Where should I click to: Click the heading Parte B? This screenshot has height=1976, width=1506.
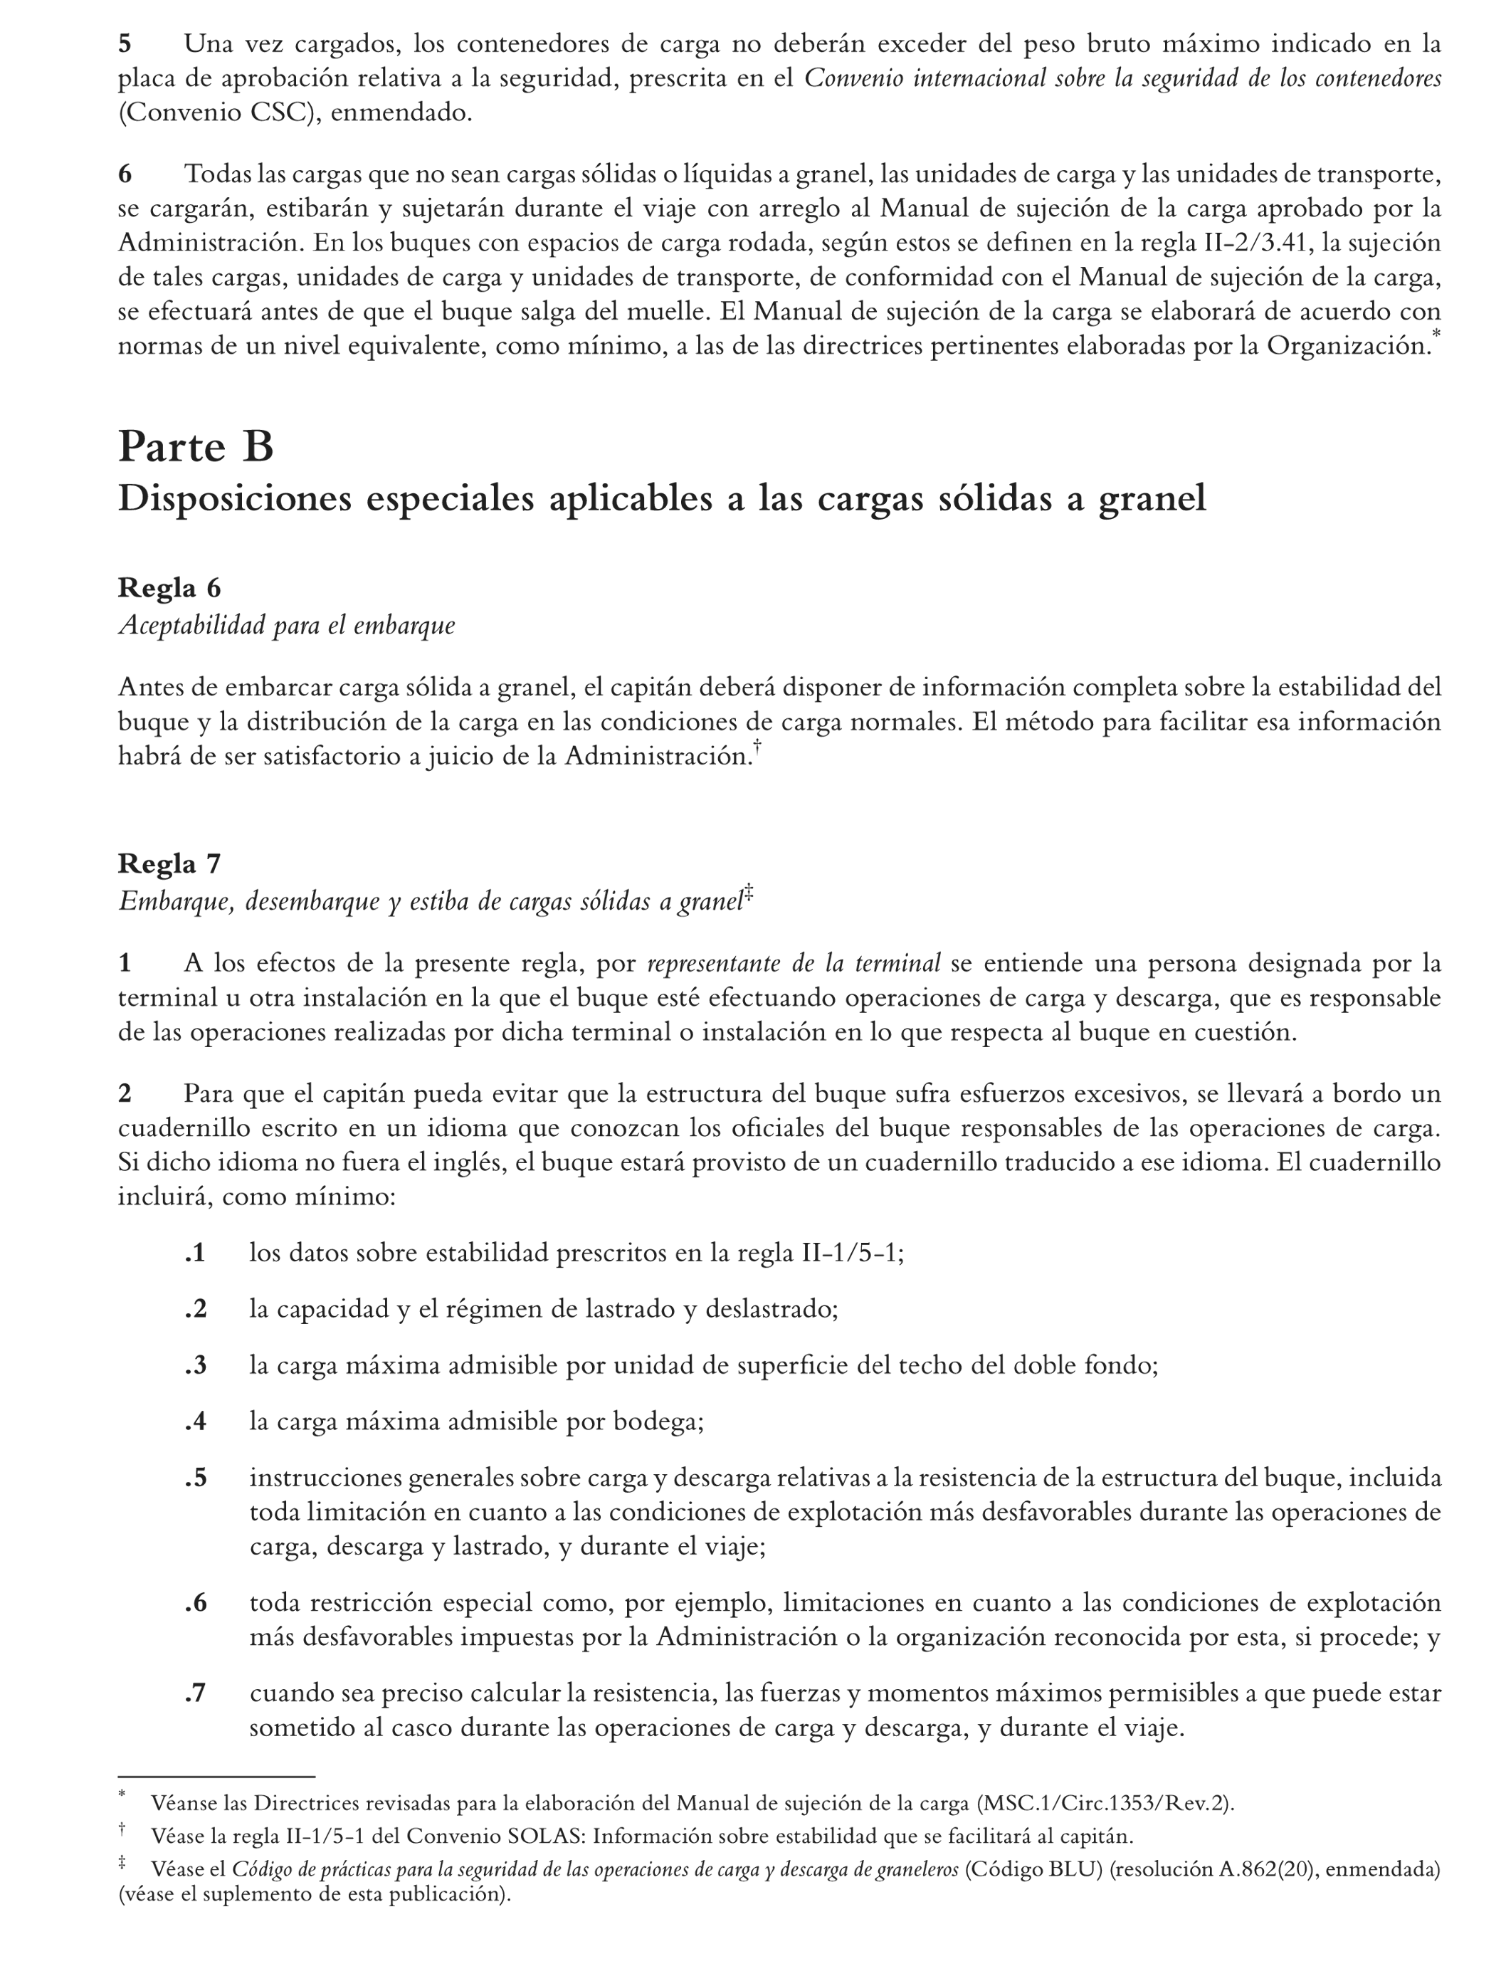click(196, 446)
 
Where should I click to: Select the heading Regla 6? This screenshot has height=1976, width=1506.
click(169, 588)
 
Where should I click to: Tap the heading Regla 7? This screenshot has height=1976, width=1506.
click(169, 863)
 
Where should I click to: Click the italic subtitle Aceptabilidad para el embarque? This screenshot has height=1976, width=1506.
click(286, 625)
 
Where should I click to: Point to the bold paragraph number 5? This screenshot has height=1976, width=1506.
click(125, 43)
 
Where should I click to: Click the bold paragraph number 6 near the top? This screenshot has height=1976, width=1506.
click(125, 174)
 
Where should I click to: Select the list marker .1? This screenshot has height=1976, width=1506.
click(196, 1253)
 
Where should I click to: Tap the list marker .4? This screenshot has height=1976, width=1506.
click(196, 1421)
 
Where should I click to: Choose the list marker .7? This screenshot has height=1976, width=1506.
click(196, 1693)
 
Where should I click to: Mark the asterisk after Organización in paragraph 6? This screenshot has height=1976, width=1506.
click(1437, 335)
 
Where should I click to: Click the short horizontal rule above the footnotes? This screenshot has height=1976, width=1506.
click(216, 1776)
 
